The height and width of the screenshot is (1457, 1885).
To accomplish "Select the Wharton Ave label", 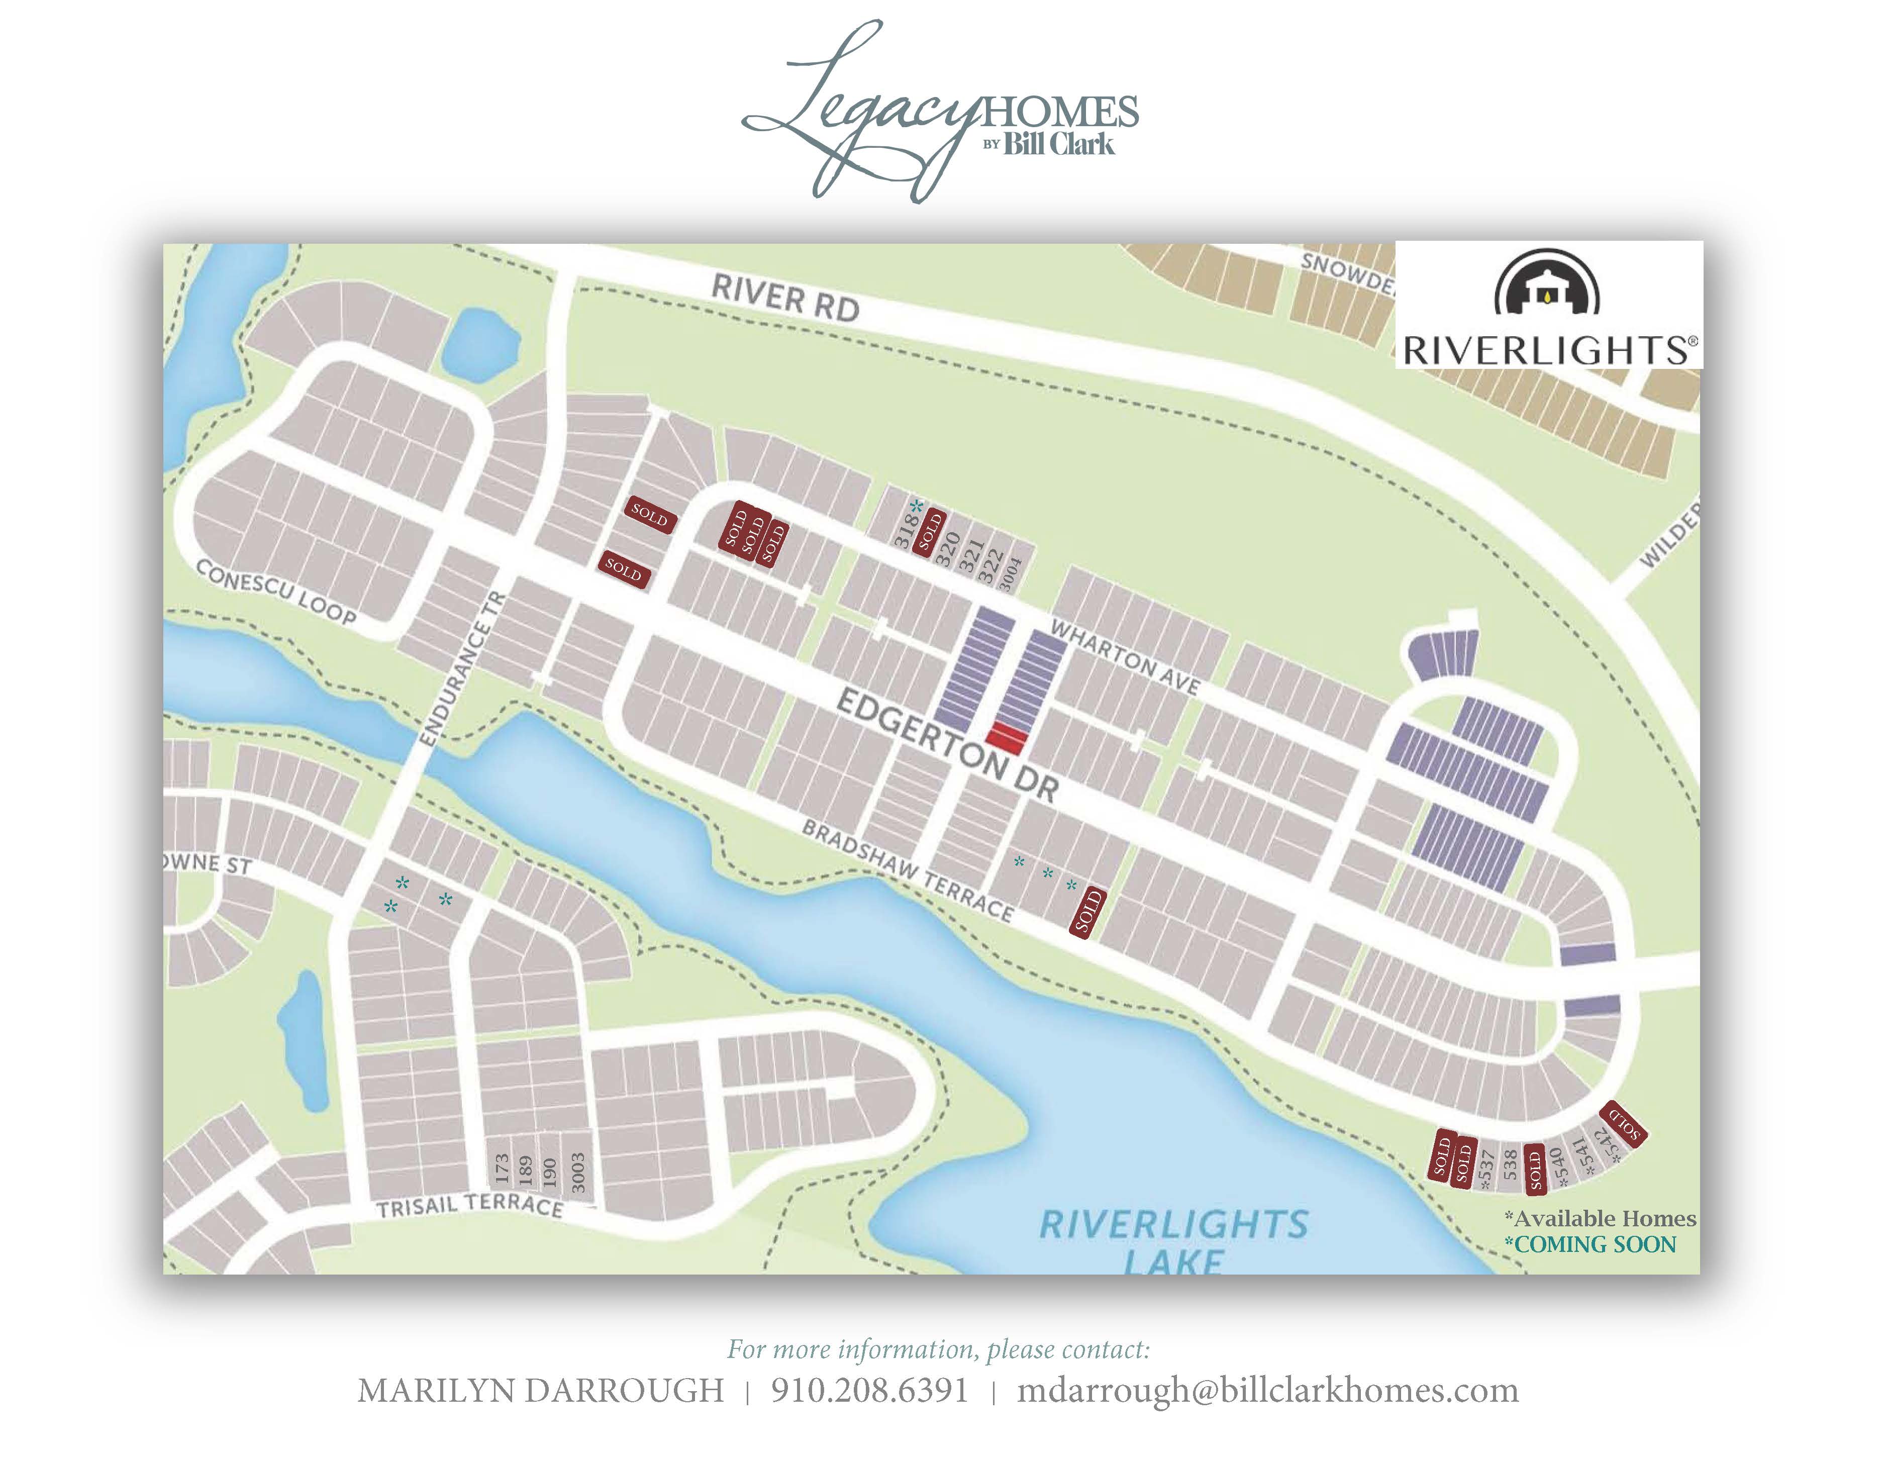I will click(x=1125, y=658).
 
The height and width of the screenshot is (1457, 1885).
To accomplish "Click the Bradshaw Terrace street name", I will click(x=908, y=870).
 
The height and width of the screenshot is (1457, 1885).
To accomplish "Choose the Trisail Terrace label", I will click(x=469, y=1205).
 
